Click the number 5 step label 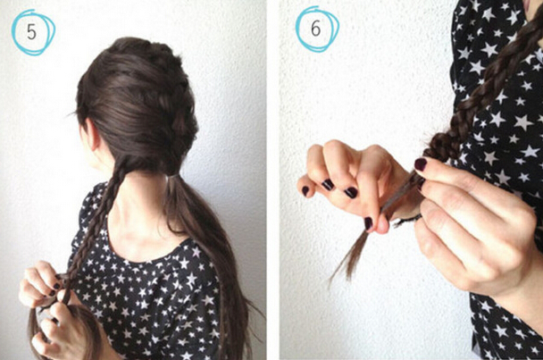tap(31, 32)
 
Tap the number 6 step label tap(315, 29)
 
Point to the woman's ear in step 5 tap(92, 134)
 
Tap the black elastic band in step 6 tap(409, 220)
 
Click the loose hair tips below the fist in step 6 tap(348, 256)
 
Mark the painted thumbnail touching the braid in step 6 tap(421, 164)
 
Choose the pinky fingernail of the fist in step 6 tap(305, 190)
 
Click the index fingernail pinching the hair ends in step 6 tap(369, 223)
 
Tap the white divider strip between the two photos tap(273, 180)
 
